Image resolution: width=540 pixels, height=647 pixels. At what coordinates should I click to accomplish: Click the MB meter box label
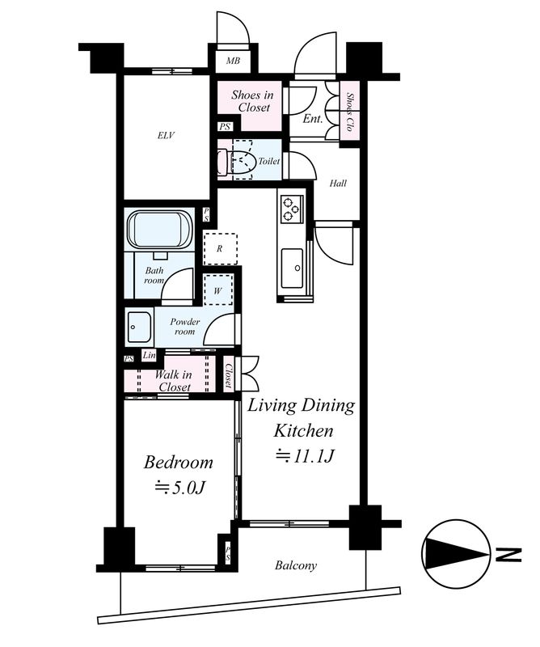point(233,61)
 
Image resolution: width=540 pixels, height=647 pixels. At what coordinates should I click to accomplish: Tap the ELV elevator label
point(166,135)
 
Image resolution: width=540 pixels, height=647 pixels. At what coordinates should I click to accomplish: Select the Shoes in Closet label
point(252,101)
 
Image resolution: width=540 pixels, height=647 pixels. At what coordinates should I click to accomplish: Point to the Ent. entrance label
point(312,119)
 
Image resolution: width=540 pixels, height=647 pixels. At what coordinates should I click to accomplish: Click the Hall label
point(338,184)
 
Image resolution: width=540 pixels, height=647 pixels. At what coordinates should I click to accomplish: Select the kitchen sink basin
point(292,269)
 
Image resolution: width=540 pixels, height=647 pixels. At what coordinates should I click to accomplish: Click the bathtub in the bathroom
point(160,230)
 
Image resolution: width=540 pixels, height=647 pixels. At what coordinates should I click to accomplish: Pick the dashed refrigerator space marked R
point(221,249)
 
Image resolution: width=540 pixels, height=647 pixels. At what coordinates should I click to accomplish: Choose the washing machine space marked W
point(218,290)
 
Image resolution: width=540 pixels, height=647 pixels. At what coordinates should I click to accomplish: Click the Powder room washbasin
point(139,327)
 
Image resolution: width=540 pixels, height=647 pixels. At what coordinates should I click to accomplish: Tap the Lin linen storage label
point(149,355)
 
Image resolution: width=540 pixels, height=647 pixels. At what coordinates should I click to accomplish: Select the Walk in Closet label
point(174,381)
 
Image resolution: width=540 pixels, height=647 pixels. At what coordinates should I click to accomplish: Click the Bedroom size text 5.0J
point(180,488)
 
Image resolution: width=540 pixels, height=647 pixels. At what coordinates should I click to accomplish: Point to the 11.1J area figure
point(304,456)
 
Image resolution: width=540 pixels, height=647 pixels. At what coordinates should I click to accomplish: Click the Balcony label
point(296,565)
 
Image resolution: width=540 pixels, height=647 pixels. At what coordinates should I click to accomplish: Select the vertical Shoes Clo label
point(350,112)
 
